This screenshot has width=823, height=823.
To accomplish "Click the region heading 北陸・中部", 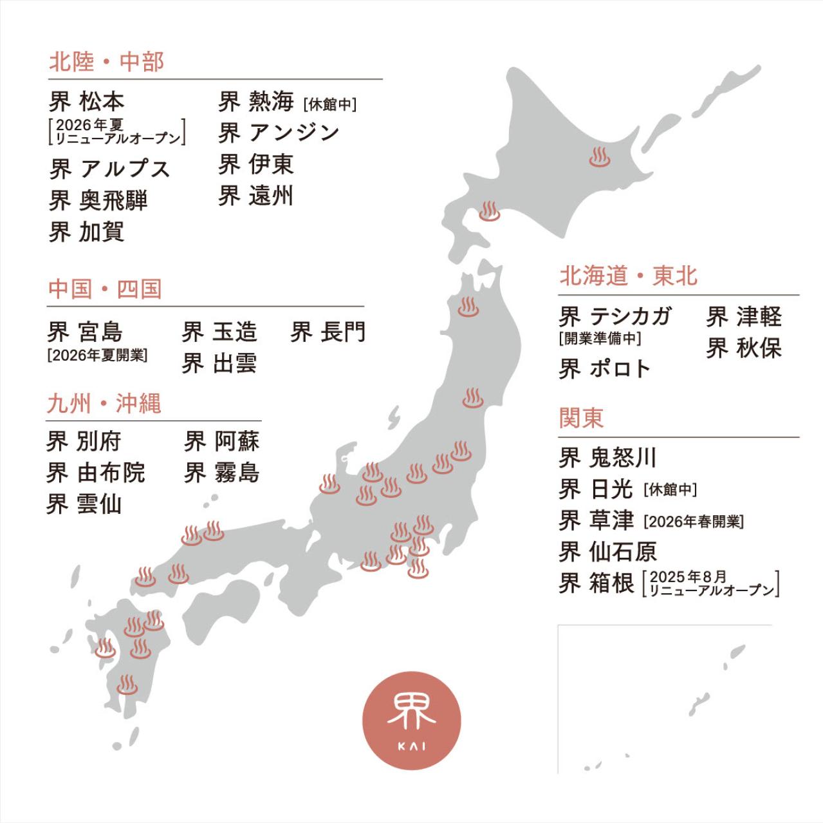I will coord(107,62).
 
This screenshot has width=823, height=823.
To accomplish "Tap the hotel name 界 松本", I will coord(87,102).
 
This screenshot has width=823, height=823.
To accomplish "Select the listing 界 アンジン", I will coord(279,133).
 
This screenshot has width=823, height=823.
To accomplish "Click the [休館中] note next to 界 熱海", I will coord(329,104).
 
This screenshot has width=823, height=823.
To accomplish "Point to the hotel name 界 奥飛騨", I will coord(98,200).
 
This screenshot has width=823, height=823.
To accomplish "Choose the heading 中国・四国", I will coord(104,289).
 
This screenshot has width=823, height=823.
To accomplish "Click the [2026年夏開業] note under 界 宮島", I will coord(97,355).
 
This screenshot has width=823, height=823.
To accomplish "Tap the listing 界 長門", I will coord(328,332).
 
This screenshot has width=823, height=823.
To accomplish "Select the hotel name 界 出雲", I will coord(219,364).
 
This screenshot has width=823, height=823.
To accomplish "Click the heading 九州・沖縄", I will coord(104,404).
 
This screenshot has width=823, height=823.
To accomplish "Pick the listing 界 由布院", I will coord(96,473).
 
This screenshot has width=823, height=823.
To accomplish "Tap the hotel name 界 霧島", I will coord(222,473).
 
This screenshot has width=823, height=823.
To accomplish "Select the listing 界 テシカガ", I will coord(615,316).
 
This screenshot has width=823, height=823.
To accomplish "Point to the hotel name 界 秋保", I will coord(744,348).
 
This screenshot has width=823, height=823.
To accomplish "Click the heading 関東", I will coord(581,418).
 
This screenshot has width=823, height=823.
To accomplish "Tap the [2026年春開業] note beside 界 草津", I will coord(694,522).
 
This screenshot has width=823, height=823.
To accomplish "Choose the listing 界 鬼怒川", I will coord(607,458).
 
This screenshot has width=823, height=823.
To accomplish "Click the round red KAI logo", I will coord(412,721).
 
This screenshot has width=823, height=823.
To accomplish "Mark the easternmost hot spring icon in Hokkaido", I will coord(600,157).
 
